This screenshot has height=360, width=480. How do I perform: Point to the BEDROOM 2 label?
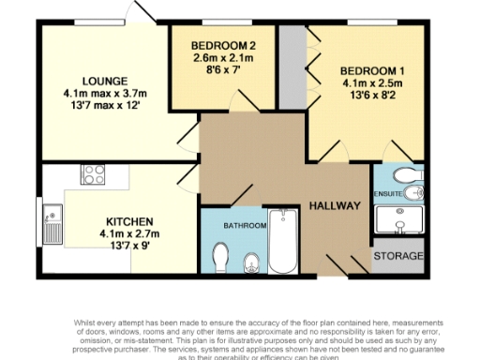coord(223,46)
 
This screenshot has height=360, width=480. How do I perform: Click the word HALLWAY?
coord(336,205)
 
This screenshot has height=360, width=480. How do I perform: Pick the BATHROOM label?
coord(244,226)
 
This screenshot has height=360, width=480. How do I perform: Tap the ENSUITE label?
coord(387,195)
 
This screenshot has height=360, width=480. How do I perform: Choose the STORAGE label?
coord(398,256)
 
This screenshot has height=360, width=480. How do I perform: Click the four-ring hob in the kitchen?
coord(94,172)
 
